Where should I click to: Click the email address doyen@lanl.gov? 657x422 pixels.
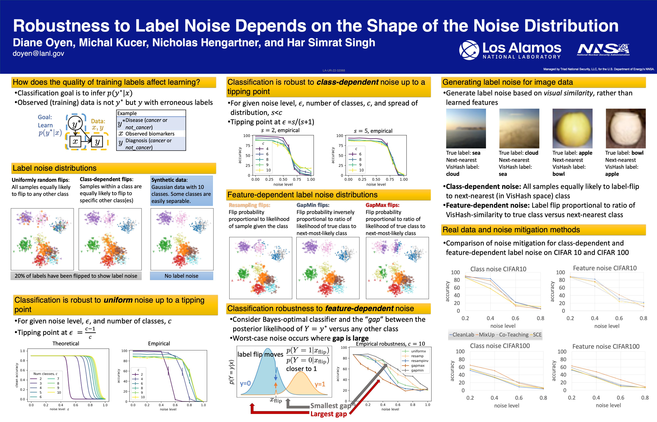[x=38, y=54]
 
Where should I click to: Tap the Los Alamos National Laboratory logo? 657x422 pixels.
[x=510, y=50]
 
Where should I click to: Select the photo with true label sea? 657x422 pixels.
[x=466, y=129]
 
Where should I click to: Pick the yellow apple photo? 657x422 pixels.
[x=572, y=129]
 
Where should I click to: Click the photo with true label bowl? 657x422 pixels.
[x=625, y=129]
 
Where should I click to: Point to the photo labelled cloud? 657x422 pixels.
[x=519, y=129]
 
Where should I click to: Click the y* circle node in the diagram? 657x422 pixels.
[x=75, y=124]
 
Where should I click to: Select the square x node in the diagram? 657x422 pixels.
[x=75, y=142]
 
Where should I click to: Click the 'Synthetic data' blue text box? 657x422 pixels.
[x=181, y=190]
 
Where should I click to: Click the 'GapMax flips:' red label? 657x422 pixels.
[x=382, y=205]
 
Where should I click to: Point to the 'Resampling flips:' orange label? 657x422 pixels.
[x=249, y=205]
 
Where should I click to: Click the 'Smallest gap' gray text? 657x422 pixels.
[x=330, y=406]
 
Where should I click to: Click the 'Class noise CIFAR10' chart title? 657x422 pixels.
[x=498, y=269]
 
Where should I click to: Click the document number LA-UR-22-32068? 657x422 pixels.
[x=334, y=70]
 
